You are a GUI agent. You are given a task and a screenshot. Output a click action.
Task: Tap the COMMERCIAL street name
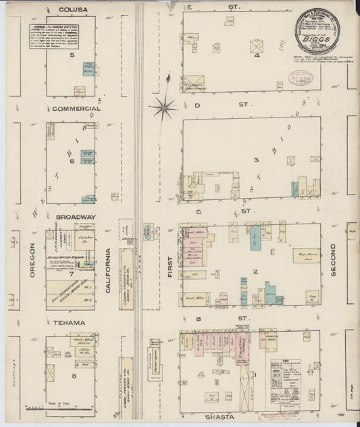[x=75, y=108]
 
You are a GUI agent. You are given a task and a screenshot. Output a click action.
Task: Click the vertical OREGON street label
[x=32, y=259]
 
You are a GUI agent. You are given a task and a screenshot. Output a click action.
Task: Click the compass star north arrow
[x=163, y=107]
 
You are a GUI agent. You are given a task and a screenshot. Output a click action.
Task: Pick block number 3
[x=256, y=160]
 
